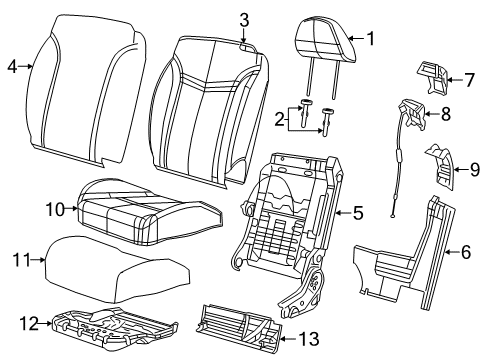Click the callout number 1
[x=370, y=39]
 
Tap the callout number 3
[x=244, y=20]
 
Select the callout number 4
[x=12, y=67]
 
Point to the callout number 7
[x=469, y=80]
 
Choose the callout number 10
[x=55, y=209]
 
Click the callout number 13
[x=309, y=339]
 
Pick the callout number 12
[x=29, y=323]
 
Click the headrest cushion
[x=326, y=40]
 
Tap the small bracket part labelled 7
[x=432, y=77]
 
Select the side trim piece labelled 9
[x=440, y=167]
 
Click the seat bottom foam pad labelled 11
[x=117, y=268]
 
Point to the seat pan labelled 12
[x=113, y=328]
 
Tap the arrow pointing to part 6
[x=453, y=252]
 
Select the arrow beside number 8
[x=431, y=114]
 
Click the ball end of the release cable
[x=393, y=216]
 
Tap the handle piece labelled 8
[x=413, y=113]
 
